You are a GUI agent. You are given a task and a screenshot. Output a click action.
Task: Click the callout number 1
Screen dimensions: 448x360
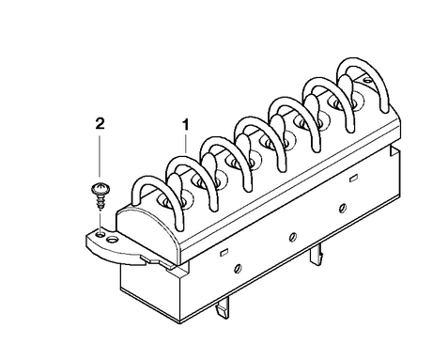click(x=186, y=124)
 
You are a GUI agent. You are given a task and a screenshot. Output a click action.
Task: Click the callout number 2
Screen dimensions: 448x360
click(x=100, y=124)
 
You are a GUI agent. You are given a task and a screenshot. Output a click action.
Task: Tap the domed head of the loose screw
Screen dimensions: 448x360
click(x=100, y=189)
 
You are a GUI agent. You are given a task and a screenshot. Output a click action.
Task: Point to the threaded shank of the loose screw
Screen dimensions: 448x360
click(x=100, y=202)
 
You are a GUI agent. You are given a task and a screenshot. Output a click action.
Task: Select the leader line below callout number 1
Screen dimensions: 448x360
click(x=186, y=144)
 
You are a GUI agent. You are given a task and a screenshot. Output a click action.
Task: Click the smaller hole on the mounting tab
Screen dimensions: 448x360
click(x=100, y=234)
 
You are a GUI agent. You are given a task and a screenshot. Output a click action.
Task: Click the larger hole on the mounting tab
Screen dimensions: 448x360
click(x=112, y=240)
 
